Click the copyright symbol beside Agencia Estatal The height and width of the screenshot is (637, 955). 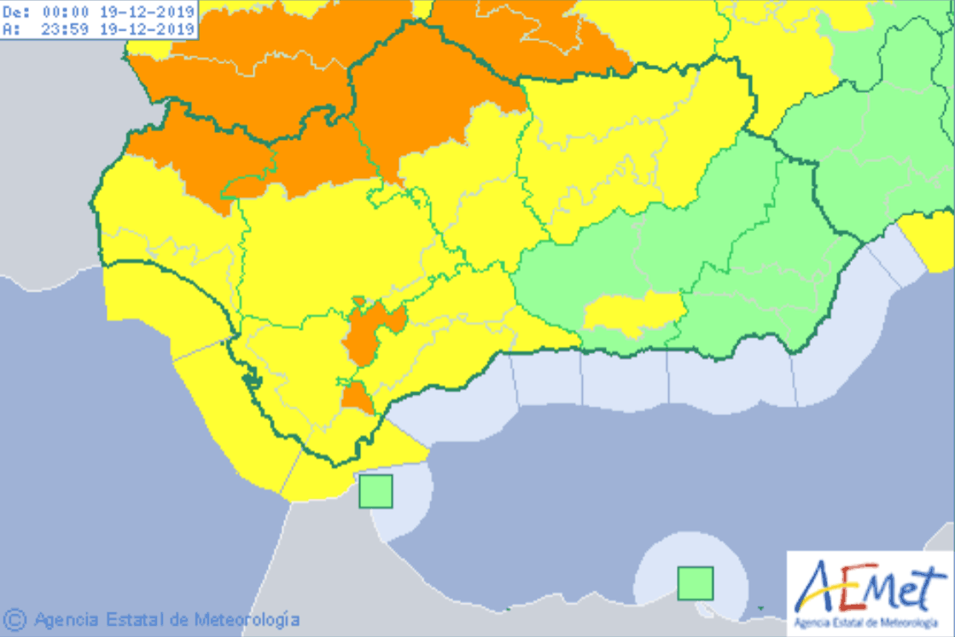point(15,618)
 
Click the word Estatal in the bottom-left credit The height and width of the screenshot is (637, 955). point(130,619)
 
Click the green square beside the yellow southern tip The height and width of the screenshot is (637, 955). point(376,491)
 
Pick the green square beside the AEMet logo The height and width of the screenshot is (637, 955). point(695,583)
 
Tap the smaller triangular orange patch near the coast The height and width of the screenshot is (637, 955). point(358,397)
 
